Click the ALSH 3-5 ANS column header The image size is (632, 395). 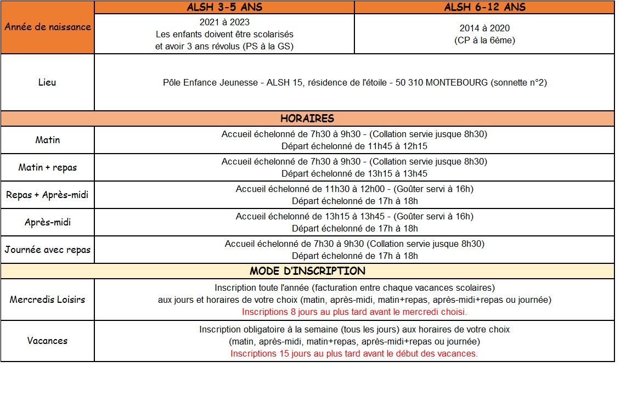click(x=224, y=7)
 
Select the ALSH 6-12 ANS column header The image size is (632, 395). click(x=484, y=7)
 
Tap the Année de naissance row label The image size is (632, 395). click(x=48, y=27)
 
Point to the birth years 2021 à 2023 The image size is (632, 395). click(x=224, y=22)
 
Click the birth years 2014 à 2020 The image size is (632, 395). click(x=484, y=28)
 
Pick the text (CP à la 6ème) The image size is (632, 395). click(x=484, y=40)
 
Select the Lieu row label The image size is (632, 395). click(x=48, y=83)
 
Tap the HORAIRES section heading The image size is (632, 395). click(x=307, y=119)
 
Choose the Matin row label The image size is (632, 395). click(x=48, y=140)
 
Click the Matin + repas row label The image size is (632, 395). click(x=48, y=167)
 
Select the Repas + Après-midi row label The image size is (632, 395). click(x=48, y=195)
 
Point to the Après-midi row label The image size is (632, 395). click(x=48, y=222)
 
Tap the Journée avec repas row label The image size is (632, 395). click(x=48, y=250)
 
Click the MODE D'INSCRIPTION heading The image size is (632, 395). click(x=307, y=271)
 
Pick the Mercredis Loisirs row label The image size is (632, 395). click(x=48, y=300)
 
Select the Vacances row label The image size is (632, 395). click(x=48, y=341)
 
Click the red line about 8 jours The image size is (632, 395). click(x=354, y=312)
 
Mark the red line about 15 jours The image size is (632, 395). click(x=354, y=353)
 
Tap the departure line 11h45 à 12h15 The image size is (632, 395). click(x=354, y=146)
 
